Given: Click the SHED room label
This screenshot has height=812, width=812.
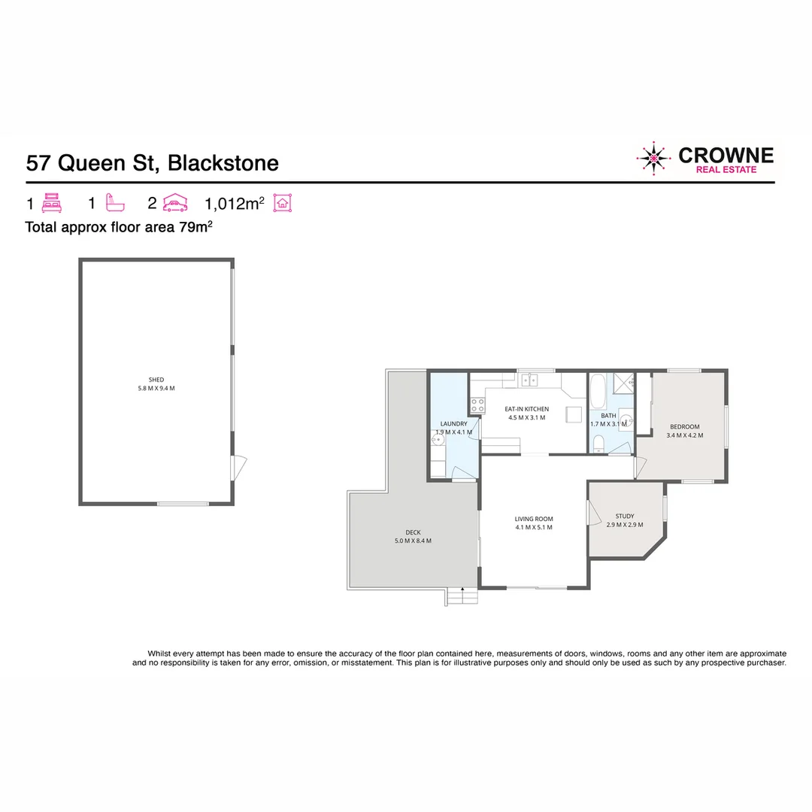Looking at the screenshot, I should tap(156, 380).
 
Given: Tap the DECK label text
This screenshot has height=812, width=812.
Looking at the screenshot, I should tap(413, 532).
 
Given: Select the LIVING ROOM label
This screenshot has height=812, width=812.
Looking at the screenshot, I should tap(534, 519).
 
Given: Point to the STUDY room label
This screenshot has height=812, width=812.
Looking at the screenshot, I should tap(625, 516).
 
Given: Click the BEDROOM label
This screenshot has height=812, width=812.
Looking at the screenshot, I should tap(684, 427).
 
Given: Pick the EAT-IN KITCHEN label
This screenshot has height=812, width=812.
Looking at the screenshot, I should tap(526, 409).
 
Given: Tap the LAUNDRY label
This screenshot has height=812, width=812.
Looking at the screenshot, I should tap(453, 424).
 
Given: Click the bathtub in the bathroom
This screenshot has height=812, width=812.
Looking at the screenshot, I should tap(596, 391).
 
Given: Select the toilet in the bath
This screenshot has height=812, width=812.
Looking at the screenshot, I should tap(598, 443).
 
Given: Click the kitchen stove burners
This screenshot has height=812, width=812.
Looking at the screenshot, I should tap(477, 406).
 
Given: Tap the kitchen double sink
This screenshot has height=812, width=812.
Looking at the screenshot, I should tap(531, 379).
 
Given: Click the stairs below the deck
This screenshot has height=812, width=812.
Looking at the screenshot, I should tap(462, 597).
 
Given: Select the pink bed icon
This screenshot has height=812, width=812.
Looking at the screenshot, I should tap(52, 204).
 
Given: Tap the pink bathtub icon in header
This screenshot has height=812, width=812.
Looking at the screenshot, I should tap(115, 204).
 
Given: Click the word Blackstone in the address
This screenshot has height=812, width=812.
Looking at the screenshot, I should tap(223, 163).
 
